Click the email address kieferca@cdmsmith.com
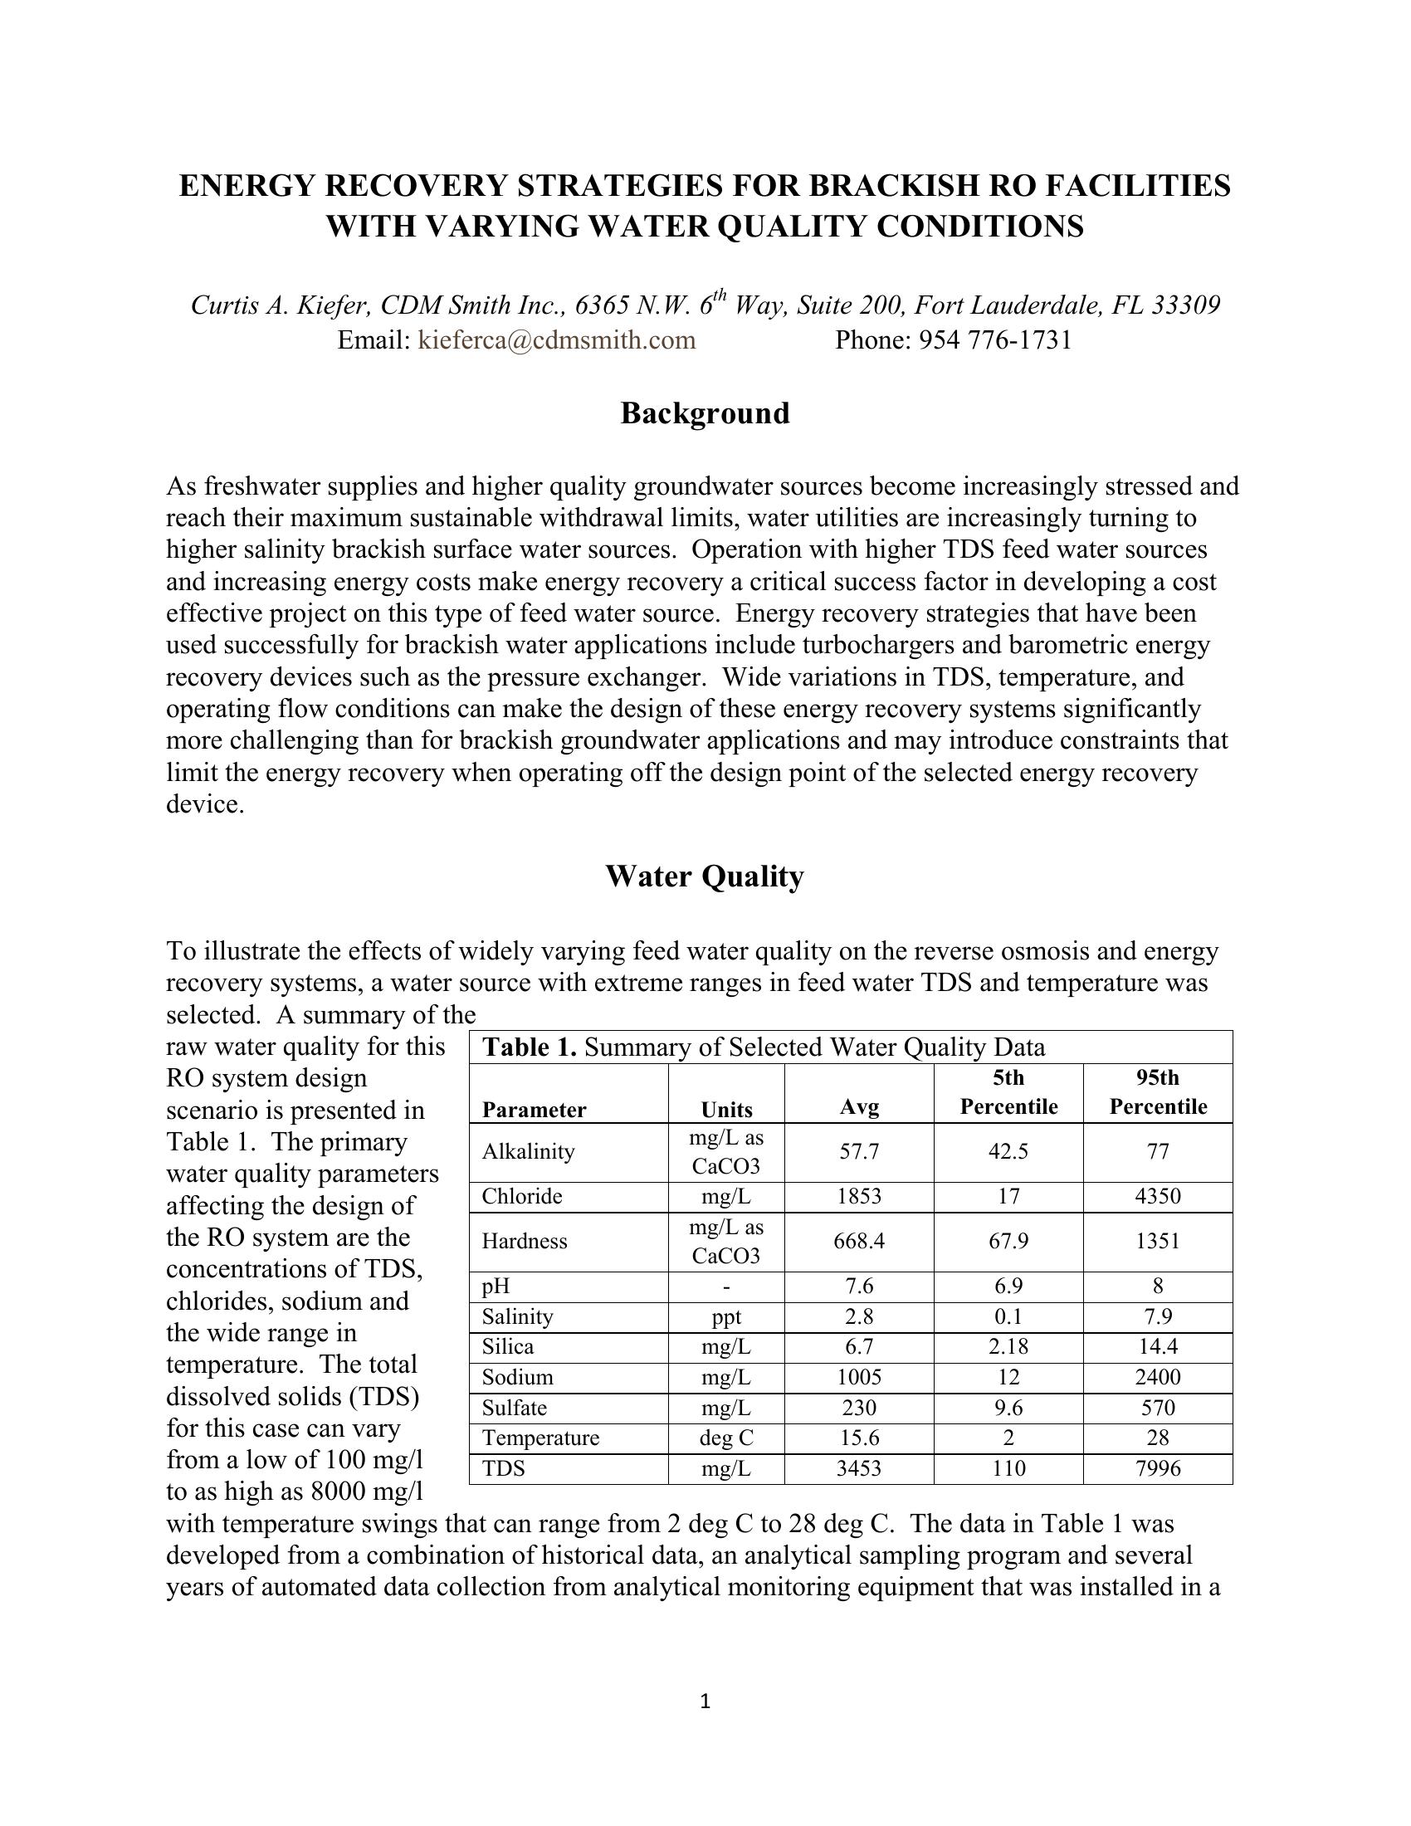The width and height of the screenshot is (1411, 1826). pos(556,340)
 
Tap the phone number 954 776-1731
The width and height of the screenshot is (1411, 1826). pos(995,340)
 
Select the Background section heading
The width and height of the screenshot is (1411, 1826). pos(705,414)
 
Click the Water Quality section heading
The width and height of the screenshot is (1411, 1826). pos(705,876)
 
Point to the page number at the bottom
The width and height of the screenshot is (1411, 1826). pos(705,1701)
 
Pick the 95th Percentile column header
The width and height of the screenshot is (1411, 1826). pos(1158,1092)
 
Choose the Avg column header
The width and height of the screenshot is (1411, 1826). pos(859,1108)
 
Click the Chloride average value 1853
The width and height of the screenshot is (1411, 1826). pos(859,1196)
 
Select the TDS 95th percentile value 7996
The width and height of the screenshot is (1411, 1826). pos(1158,1469)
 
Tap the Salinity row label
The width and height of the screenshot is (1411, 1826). pos(517,1317)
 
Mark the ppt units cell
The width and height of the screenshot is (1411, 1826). pos(726,1317)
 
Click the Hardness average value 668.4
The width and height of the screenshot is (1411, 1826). pos(859,1242)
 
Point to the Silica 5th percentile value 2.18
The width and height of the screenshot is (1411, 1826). pos(1008,1347)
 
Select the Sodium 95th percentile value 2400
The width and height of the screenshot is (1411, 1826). pos(1158,1377)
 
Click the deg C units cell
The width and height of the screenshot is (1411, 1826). pos(726,1438)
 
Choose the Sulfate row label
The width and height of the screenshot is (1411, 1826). pos(514,1408)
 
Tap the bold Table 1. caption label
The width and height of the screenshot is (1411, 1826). pos(530,1047)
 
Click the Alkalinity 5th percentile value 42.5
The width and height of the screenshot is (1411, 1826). pos(1008,1152)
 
